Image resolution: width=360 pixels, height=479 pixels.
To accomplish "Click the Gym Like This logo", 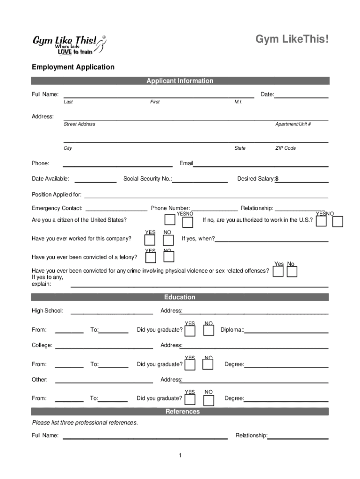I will click(69, 44).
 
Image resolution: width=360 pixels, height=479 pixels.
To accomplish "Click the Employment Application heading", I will click(73, 67).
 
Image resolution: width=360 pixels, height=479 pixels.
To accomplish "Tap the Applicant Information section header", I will click(180, 81).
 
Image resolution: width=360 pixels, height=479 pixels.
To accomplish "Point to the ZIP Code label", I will click(285, 148).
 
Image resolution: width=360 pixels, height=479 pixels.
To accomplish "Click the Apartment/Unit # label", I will click(293, 124).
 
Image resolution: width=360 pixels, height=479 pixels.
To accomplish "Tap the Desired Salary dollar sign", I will click(277, 179).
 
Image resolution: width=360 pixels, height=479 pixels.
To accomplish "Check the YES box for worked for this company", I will click(150, 240).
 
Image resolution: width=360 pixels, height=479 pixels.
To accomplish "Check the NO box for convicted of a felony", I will click(169, 257).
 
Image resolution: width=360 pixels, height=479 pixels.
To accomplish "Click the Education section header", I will click(180, 297).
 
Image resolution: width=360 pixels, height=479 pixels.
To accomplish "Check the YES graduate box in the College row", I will click(190, 365).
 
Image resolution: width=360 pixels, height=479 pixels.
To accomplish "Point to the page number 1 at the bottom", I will click(180, 456).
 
